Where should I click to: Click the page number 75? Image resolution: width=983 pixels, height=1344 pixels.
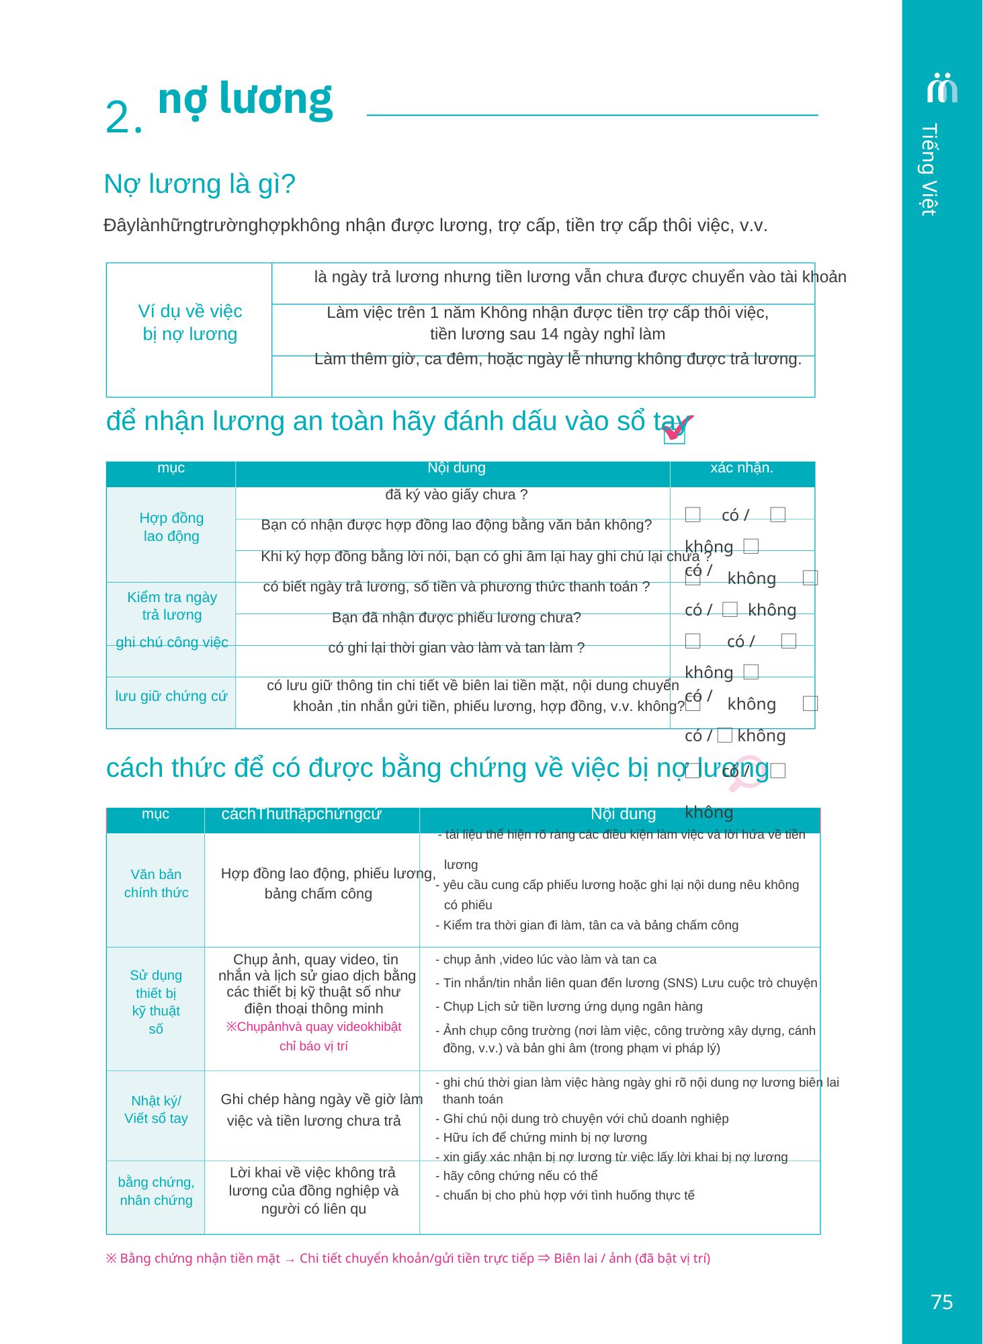(x=941, y=1302)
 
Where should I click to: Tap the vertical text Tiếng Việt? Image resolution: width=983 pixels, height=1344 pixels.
(x=929, y=169)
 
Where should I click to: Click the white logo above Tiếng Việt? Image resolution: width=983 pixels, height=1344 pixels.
(x=942, y=87)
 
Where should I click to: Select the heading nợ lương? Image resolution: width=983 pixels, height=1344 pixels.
(x=245, y=99)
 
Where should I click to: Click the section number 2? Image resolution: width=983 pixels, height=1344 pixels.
(x=123, y=118)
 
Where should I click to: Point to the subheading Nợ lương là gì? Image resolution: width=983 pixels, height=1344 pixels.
(x=200, y=184)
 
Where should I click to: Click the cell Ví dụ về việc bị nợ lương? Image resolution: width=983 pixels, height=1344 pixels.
(x=189, y=323)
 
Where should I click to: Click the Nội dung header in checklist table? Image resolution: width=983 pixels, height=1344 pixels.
(x=456, y=468)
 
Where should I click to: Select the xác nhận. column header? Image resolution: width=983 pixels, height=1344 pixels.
(x=742, y=468)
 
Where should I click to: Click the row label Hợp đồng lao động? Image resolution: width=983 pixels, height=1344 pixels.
(x=171, y=527)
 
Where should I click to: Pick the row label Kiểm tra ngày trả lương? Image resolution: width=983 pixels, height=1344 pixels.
(x=172, y=605)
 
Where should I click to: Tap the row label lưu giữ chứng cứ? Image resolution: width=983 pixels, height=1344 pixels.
(x=171, y=696)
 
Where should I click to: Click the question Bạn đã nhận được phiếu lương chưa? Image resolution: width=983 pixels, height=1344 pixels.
(x=456, y=618)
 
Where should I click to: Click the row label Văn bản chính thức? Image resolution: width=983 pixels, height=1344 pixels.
(x=156, y=883)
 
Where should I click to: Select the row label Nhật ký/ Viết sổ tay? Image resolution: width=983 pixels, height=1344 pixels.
(x=156, y=1109)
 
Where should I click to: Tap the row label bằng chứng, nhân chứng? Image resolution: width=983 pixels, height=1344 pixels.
(x=156, y=1191)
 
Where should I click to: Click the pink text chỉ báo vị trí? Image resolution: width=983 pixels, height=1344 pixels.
(x=314, y=1046)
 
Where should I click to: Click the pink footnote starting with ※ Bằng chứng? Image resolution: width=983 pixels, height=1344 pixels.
(x=408, y=1259)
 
